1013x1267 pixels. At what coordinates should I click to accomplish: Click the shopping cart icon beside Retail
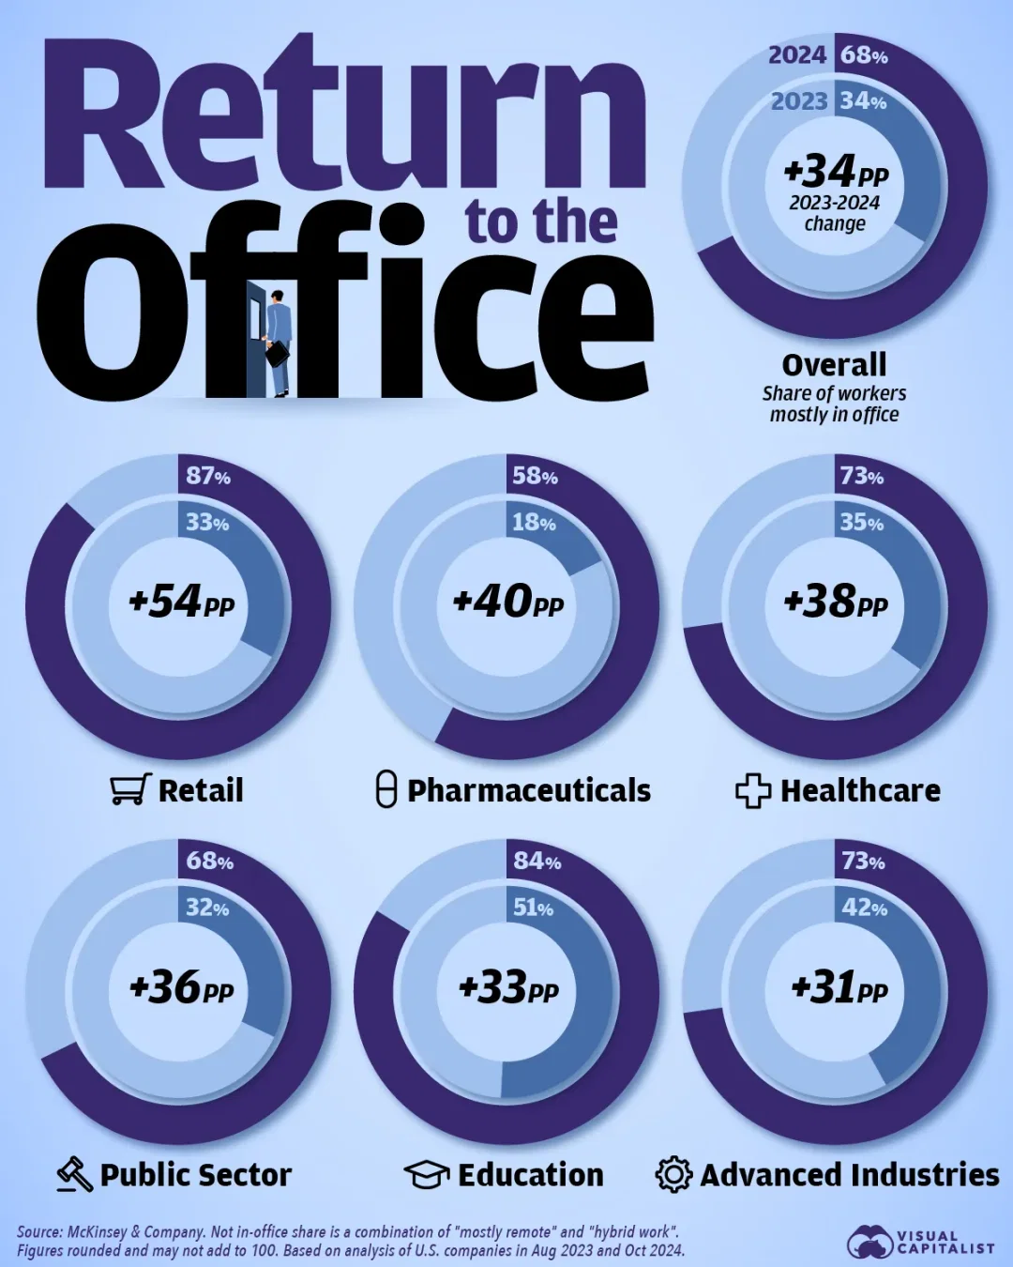130,789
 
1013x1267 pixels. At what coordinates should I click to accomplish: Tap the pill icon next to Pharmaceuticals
386,789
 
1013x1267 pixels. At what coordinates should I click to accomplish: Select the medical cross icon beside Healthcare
753,791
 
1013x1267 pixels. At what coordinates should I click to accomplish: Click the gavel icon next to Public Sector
75,1174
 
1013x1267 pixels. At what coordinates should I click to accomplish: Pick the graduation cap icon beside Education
427,1174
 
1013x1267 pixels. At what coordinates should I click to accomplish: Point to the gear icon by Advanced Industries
673,1174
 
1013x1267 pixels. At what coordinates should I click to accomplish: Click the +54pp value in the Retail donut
181,602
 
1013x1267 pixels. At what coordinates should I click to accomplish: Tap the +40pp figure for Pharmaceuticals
508,602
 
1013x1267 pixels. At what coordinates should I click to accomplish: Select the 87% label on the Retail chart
207,476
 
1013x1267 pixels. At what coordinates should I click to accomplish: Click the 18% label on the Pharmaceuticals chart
534,522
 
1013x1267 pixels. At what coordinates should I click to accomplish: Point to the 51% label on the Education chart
533,908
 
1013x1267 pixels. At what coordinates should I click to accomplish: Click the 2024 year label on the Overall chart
797,55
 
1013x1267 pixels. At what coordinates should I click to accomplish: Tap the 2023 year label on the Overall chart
799,101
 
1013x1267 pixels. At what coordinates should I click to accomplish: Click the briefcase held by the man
278,354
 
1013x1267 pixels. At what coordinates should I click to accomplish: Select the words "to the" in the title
541,222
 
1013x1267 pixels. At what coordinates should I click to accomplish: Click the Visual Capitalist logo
920,1242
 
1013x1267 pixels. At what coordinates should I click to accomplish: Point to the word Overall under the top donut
834,364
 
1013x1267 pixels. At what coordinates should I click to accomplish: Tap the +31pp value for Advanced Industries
839,987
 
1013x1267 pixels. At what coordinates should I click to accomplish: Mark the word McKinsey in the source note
98,1231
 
